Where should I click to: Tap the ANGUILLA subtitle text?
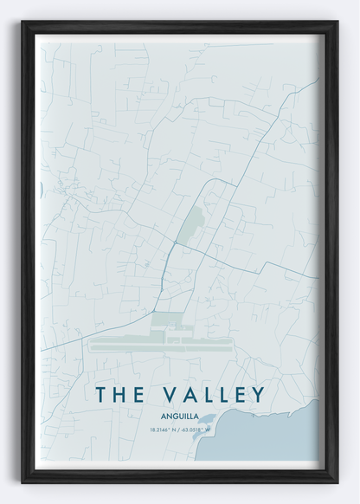pyautogui.click(x=180, y=415)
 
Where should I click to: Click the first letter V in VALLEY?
pyautogui.click(x=164, y=394)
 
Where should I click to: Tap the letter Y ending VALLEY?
pyautogui.click(x=256, y=394)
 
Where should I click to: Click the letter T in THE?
pyautogui.click(x=102, y=394)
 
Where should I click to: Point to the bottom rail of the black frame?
pyautogui.click(x=180, y=476)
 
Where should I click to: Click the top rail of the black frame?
pyautogui.click(x=180, y=26)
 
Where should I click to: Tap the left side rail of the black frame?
pyautogui.click(x=27, y=251)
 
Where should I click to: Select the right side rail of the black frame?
pyautogui.click(x=332, y=251)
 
